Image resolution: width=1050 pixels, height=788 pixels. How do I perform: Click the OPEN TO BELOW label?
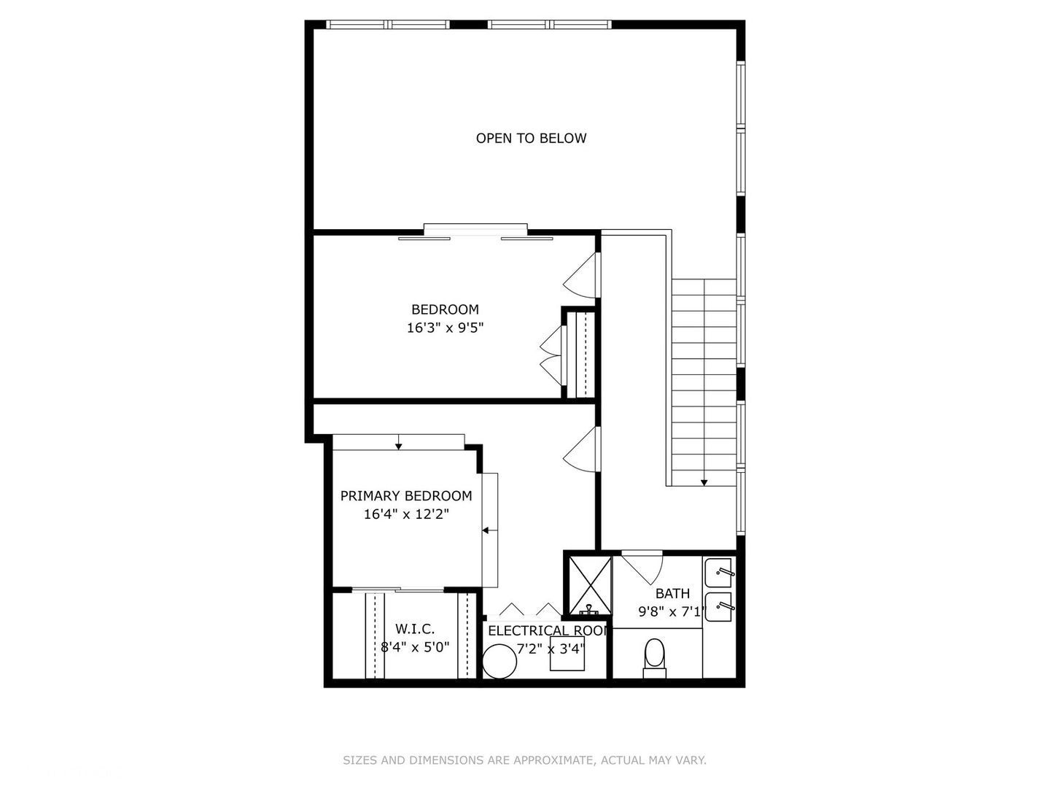click(x=531, y=138)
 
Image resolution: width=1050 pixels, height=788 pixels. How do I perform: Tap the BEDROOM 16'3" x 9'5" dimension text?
click(x=445, y=328)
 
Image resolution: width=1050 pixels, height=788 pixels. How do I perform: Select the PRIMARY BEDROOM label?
click(x=406, y=496)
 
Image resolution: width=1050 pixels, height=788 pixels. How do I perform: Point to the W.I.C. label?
click(x=415, y=629)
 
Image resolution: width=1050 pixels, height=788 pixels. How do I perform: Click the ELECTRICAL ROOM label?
click(x=548, y=631)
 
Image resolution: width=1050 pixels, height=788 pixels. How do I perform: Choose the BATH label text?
click(x=672, y=594)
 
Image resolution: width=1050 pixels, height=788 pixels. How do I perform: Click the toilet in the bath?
click(x=655, y=657)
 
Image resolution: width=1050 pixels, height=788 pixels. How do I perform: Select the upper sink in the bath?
click(x=718, y=570)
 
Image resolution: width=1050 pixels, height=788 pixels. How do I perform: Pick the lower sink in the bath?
click(x=718, y=606)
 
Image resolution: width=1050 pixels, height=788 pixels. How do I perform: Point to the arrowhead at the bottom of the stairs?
click(x=704, y=482)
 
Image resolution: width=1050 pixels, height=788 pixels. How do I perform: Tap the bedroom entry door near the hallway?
click(x=583, y=276)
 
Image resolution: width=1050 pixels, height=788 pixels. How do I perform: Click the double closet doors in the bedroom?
click(x=552, y=356)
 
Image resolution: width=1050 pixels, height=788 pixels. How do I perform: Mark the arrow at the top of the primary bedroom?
click(x=398, y=445)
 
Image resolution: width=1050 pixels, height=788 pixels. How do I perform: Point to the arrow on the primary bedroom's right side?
click(x=486, y=530)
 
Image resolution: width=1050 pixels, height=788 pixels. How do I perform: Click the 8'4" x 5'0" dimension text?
click(x=415, y=646)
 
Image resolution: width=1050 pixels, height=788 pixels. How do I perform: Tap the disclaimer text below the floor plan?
click(x=524, y=760)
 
